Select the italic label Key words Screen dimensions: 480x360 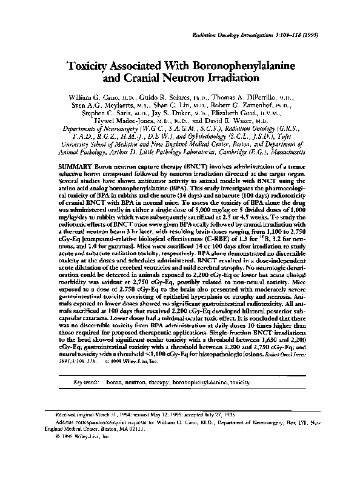coord(86,384)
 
